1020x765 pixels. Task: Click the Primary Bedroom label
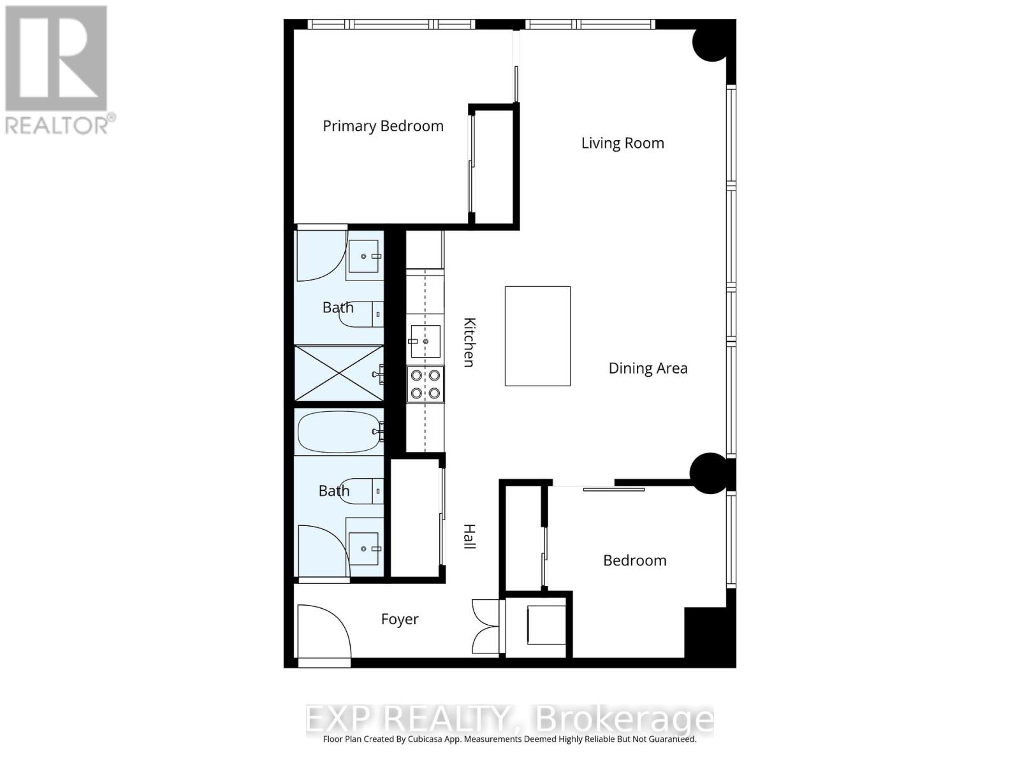382,126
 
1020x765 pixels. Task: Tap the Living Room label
622,143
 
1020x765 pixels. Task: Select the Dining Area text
648,368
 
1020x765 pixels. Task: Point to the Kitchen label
469,342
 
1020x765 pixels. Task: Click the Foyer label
400,619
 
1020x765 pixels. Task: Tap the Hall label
469,537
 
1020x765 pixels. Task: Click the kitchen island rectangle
537,336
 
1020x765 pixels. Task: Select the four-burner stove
425,384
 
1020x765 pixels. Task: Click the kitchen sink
425,341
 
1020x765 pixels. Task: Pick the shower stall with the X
339,373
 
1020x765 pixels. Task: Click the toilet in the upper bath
360,314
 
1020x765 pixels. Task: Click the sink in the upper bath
365,256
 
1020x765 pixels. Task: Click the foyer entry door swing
323,631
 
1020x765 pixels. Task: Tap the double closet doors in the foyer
486,626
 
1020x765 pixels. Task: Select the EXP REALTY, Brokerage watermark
510,720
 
